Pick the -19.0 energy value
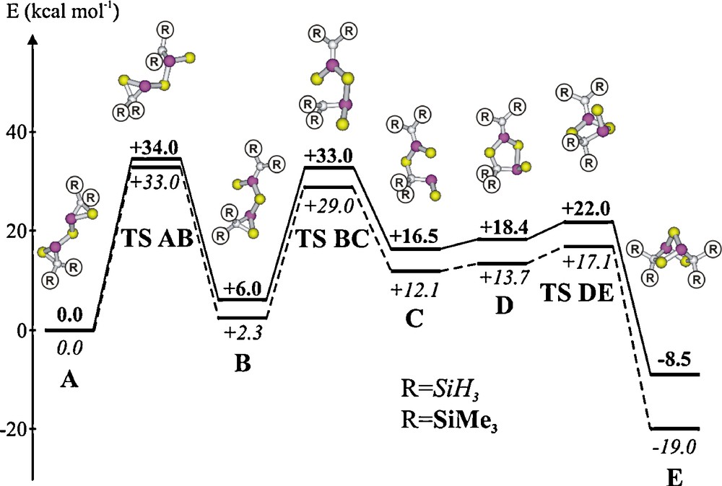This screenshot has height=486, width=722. point(675,447)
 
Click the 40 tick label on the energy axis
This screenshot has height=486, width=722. point(17,133)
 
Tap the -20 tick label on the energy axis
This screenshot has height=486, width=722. point(14,430)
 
